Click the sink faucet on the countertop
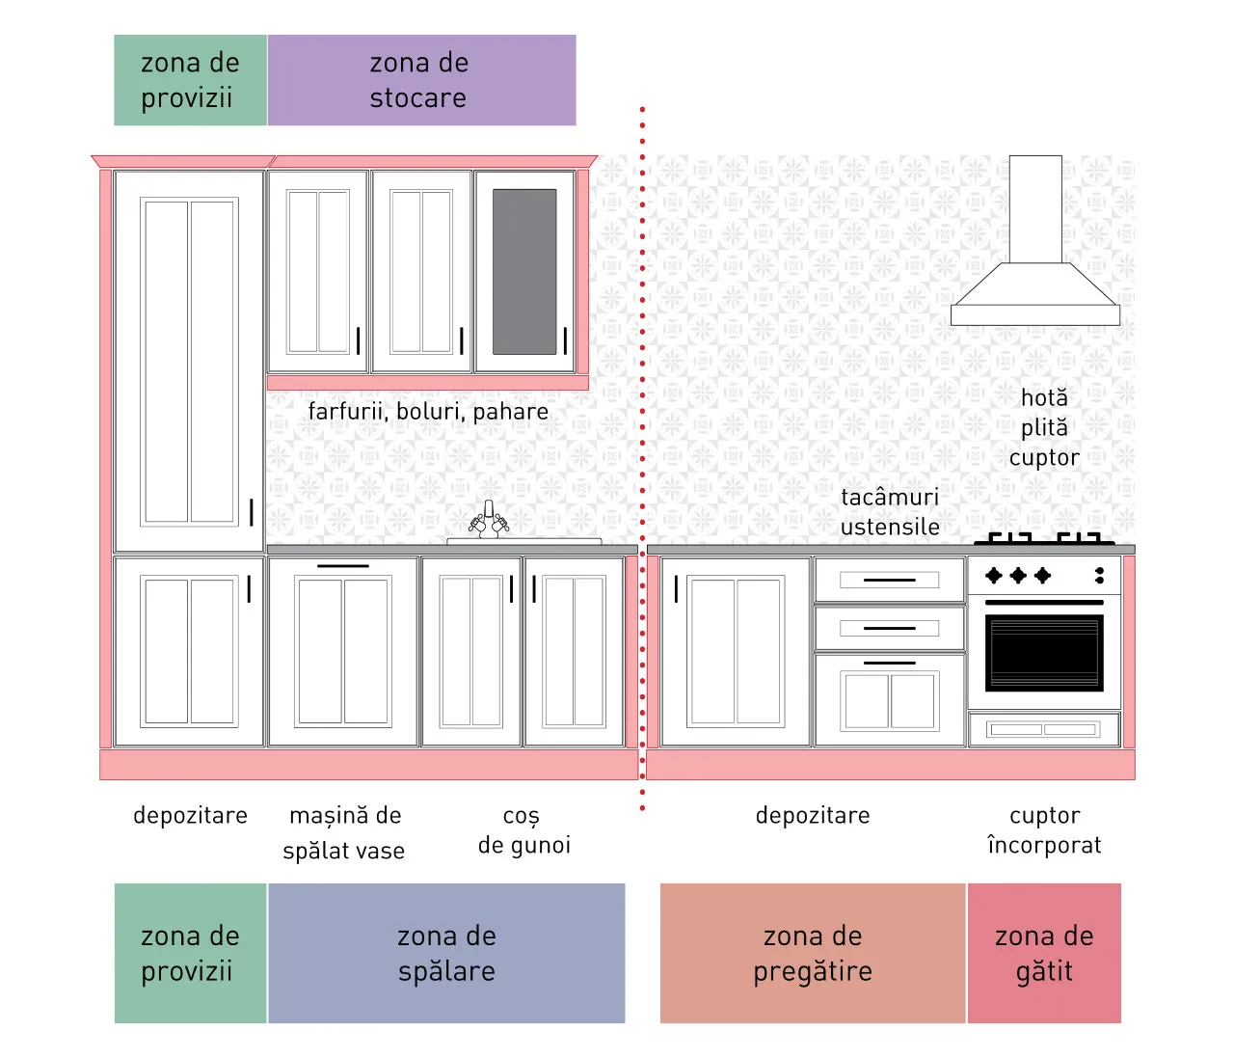pos(489,520)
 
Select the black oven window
pos(1043,652)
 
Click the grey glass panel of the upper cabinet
pos(524,272)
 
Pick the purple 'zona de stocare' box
pos(421,80)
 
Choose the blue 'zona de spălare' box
pos(446,953)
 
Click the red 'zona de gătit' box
pos(1044,953)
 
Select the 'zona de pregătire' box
pos(813,953)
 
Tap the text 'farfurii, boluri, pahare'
pos(428,412)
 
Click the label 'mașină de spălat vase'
pos(344,832)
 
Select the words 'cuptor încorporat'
pos(1044,830)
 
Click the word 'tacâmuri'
pos(890,497)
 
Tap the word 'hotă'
pos(1043,398)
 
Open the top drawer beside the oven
pos(890,580)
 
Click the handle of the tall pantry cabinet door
pos(252,512)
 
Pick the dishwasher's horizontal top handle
pos(342,566)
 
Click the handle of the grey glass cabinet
pos(565,340)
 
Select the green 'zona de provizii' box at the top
pos(191,80)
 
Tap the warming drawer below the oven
pos(1043,729)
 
